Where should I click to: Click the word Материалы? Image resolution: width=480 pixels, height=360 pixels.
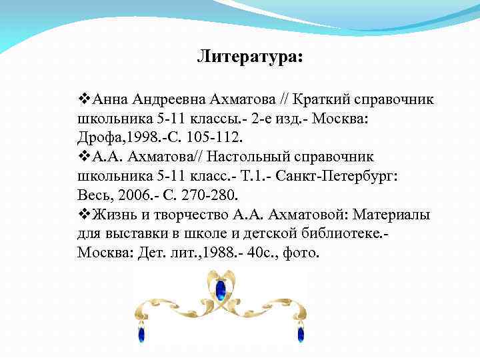[x=391, y=215]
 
